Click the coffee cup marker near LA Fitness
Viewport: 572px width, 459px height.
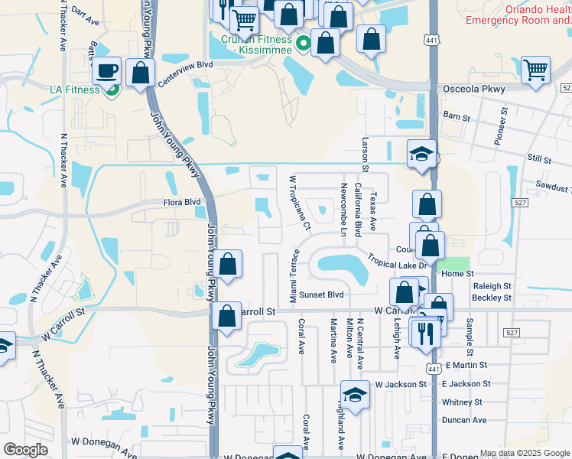pyautogui.click(x=107, y=70)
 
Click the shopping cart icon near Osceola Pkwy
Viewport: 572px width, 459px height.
pyautogui.click(x=535, y=69)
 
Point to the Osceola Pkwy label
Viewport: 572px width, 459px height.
pyautogui.click(x=474, y=90)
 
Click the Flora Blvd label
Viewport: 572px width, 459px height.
pyautogui.click(x=182, y=203)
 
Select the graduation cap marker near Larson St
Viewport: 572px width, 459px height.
pyautogui.click(x=421, y=154)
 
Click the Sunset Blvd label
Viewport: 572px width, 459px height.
pyautogui.click(x=321, y=295)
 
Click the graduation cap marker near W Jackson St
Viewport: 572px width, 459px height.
pyautogui.click(x=355, y=395)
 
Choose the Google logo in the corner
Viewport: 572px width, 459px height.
pyautogui.click(x=25, y=450)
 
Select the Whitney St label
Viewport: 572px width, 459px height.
pyautogui.click(x=462, y=402)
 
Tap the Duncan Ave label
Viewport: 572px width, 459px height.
pyautogui.click(x=464, y=420)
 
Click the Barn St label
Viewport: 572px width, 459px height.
pyautogui.click(x=456, y=116)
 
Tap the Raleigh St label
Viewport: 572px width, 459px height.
pyautogui.click(x=492, y=285)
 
